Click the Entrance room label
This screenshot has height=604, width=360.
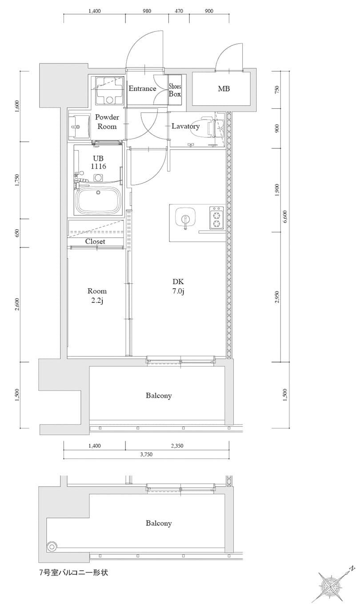(142, 88)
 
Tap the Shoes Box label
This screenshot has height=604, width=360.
(175, 90)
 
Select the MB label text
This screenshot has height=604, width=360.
(224, 88)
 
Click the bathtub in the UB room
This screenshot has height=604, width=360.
(99, 200)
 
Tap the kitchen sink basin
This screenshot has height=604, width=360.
(185, 217)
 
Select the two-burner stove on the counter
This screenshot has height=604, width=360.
(216, 218)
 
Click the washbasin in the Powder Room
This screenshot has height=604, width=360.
(79, 127)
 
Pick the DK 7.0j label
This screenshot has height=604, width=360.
(178, 286)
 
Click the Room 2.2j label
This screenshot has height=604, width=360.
(97, 295)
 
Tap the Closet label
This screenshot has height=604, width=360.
(95, 241)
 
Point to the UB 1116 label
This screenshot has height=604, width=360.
(98, 163)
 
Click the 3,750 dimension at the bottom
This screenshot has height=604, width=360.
(146, 454)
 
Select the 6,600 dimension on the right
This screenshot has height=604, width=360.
(285, 216)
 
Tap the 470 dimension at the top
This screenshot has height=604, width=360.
(179, 11)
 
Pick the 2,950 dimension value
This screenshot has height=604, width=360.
(277, 297)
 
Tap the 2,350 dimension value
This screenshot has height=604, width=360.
(177, 446)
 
